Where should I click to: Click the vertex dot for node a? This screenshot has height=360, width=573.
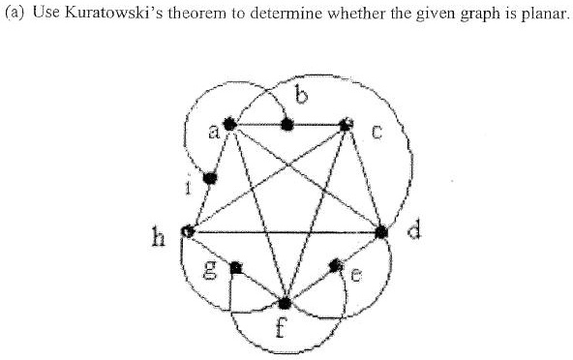(x=230, y=125)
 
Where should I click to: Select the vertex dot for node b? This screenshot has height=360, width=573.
(x=286, y=124)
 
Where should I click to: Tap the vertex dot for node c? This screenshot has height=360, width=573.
(x=347, y=124)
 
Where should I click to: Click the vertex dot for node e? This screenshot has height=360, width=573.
(x=337, y=263)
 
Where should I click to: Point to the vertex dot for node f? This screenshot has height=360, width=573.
(x=286, y=304)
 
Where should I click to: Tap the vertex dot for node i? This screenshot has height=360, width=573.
(x=209, y=177)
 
